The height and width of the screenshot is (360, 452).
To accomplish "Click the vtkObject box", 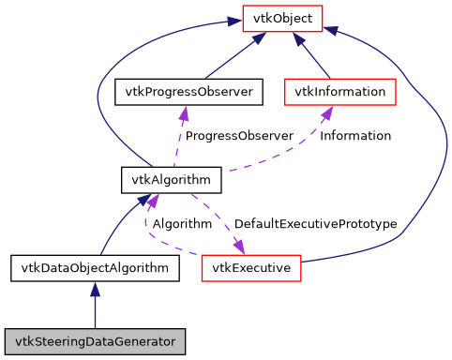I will tap(282, 17).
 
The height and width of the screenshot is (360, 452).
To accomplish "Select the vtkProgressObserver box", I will tap(186, 92).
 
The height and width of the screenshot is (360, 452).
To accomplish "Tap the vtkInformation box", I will tap(339, 92).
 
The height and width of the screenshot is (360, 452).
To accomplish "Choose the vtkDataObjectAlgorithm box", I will tap(95, 268).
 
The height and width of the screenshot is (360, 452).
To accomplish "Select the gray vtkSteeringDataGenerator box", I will tap(95, 338).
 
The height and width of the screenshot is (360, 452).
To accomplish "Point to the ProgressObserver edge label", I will tap(239, 136).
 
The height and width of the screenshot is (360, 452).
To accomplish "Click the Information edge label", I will tap(355, 136).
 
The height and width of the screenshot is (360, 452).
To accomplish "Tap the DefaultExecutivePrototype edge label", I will tap(315, 224).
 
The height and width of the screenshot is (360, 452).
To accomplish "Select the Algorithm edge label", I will tap(182, 224).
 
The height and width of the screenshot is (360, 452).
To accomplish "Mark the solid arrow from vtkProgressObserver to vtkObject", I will tap(230, 56).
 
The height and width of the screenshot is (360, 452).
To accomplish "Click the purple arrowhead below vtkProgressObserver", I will tap(185, 112).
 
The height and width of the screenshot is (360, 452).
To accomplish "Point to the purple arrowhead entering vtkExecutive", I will tap(239, 247).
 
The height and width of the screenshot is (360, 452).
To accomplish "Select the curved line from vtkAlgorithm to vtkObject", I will tap(103, 94).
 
